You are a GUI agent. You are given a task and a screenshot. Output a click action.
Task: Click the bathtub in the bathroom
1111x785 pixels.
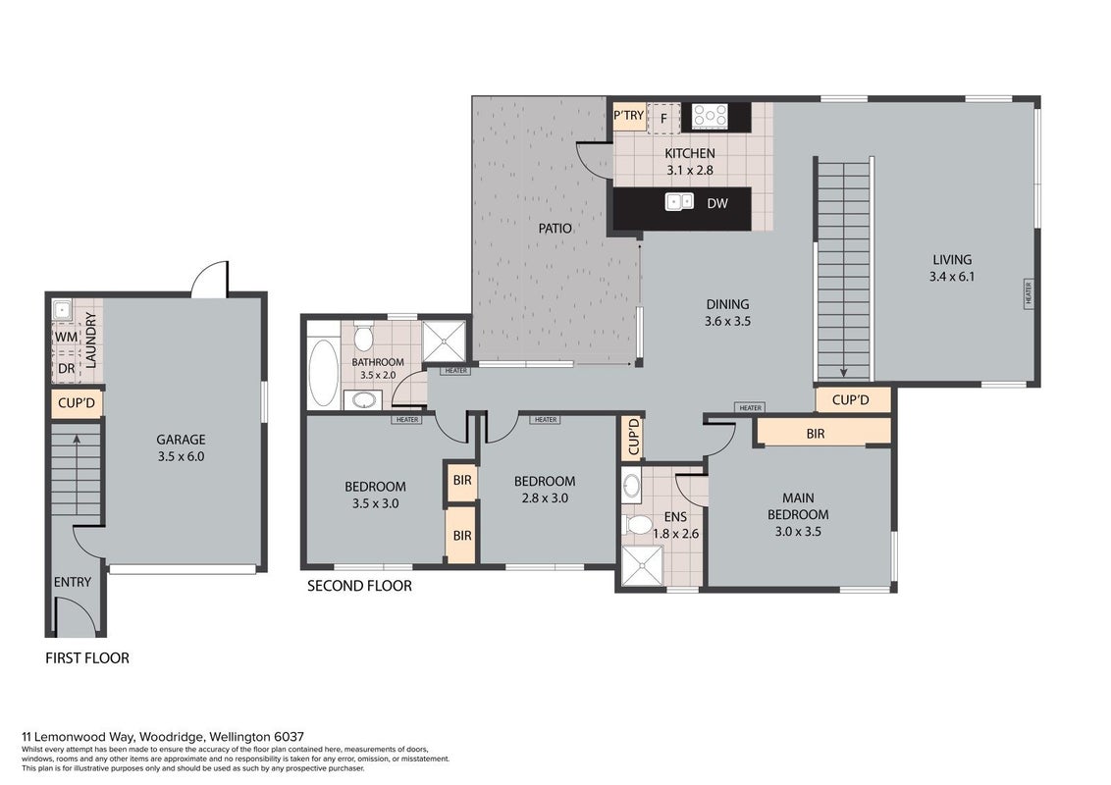click(324, 374)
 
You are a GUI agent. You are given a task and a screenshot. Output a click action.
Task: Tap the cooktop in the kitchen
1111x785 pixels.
click(710, 116)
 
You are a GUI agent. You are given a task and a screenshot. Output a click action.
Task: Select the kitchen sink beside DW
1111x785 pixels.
click(679, 202)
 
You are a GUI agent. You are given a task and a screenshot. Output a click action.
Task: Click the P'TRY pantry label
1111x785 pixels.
click(629, 116)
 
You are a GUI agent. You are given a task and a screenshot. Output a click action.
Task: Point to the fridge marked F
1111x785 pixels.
click(663, 118)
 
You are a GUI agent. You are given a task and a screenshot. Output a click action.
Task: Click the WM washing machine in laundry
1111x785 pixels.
click(66, 337)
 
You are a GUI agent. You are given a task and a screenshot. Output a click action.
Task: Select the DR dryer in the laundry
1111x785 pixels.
click(66, 368)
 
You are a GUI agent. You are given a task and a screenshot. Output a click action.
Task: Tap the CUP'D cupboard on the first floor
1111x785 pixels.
click(77, 403)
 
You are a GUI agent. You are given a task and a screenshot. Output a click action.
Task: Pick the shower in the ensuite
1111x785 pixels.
click(642, 565)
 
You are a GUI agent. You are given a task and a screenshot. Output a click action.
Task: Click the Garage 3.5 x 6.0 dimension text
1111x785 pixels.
click(181, 457)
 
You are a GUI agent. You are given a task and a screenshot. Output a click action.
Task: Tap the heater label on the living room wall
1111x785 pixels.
click(1029, 293)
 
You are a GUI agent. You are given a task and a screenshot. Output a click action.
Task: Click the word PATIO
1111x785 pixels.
click(555, 228)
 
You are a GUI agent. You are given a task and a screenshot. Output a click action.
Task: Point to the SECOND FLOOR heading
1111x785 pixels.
click(359, 586)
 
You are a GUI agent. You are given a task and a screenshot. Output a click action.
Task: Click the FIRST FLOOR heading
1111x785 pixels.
click(87, 658)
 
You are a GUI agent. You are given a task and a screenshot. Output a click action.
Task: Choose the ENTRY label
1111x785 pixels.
click(73, 582)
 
